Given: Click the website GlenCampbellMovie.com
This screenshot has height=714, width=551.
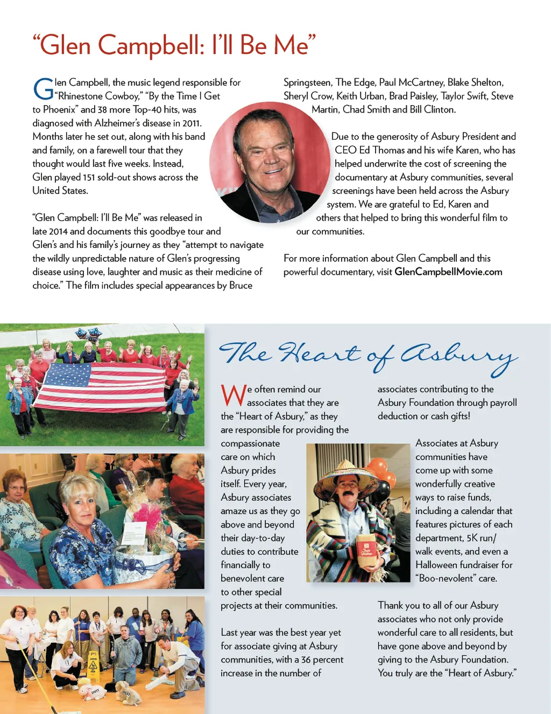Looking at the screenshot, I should pyautogui.click(x=448, y=272).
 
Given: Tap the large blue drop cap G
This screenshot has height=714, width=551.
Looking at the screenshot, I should pyautogui.click(x=43, y=89).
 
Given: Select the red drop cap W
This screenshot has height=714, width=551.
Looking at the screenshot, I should pyautogui.click(x=233, y=395).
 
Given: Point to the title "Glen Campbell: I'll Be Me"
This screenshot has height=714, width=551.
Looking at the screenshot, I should pyautogui.click(x=174, y=45).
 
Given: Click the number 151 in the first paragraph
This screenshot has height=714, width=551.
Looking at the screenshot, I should pyautogui.click(x=90, y=177).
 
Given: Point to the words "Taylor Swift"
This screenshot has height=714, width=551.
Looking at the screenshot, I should pyautogui.click(x=464, y=96).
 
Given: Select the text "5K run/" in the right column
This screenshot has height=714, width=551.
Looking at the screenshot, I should pyautogui.click(x=482, y=538).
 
